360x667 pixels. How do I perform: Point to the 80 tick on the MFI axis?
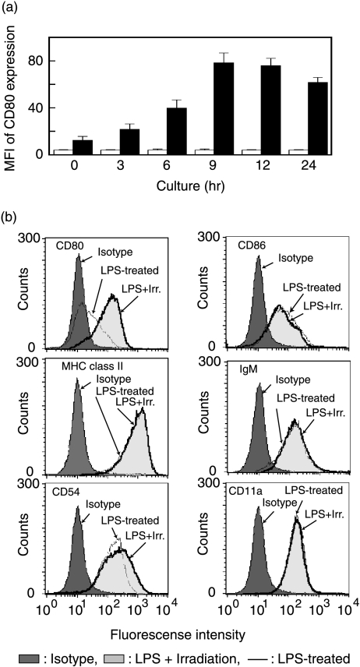pyautogui.click(x=48, y=62)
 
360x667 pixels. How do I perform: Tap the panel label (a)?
pyautogui.click(x=18, y=9)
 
